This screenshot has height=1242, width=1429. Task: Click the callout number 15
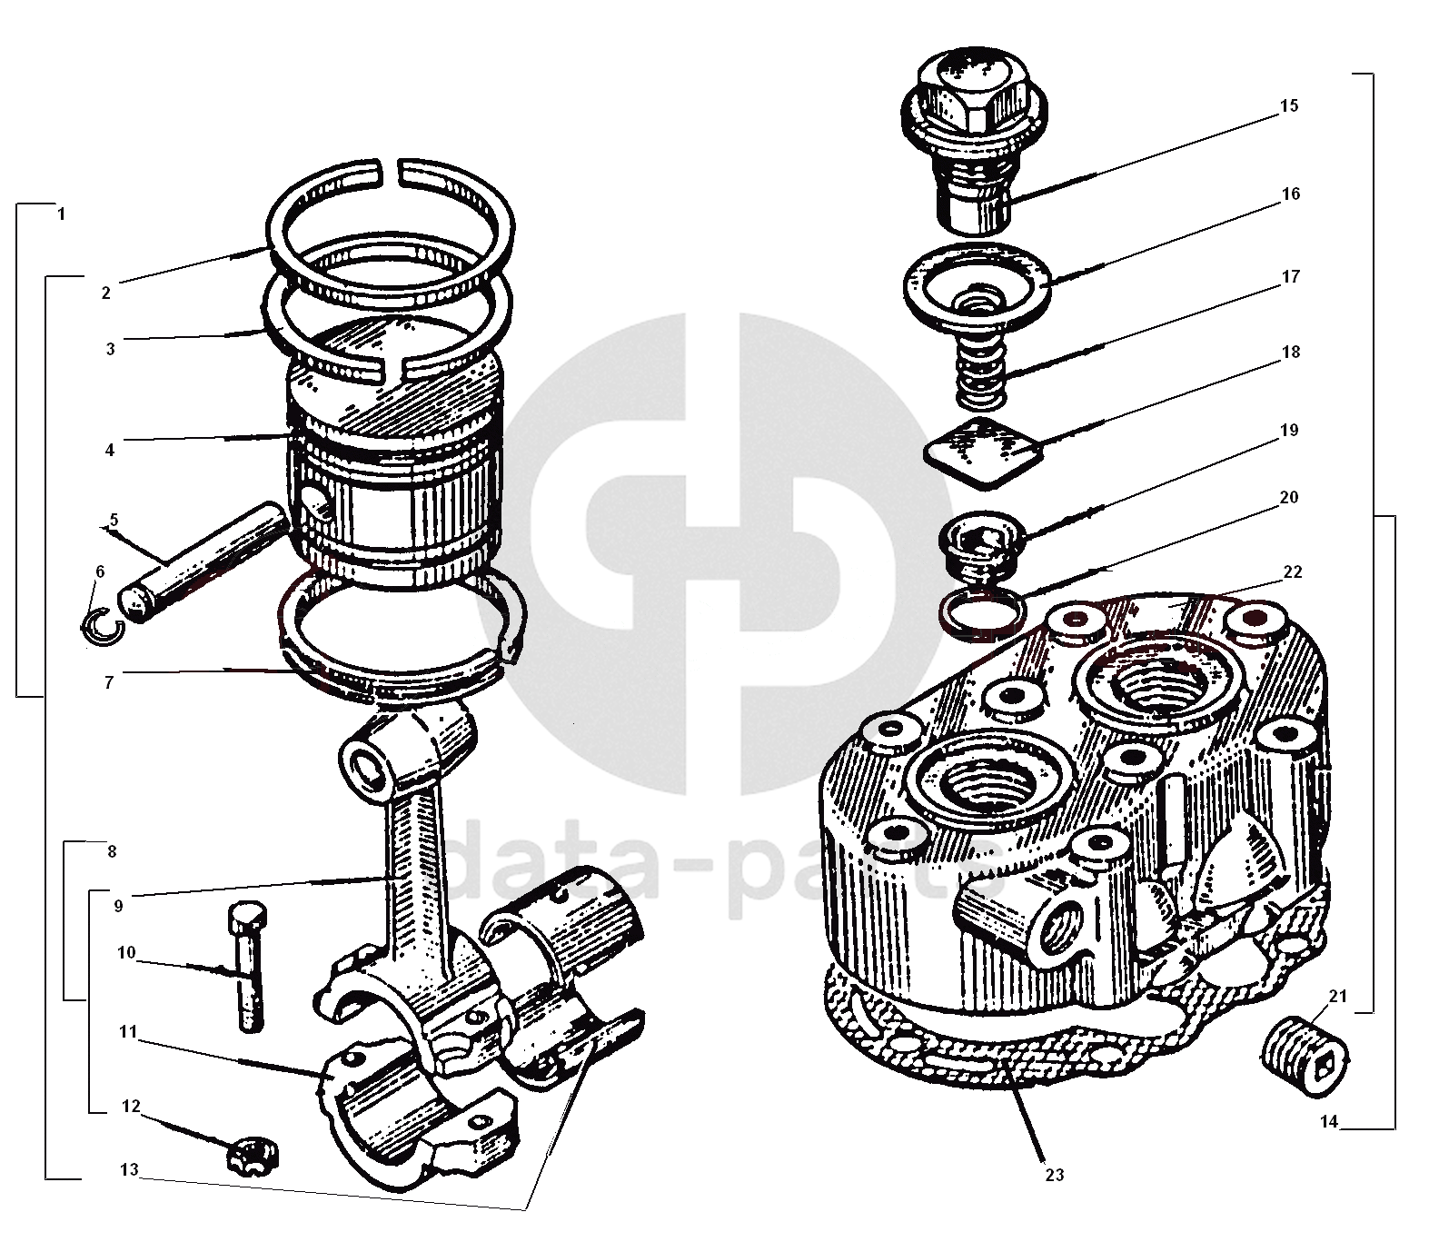(1289, 105)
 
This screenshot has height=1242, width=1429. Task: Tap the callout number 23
(1054, 1175)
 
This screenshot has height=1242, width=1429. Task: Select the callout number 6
(100, 571)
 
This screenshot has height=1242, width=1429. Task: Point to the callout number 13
(129, 1169)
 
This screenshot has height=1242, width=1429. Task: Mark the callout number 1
(60, 215)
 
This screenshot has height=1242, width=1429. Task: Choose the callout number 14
(1329, 1121)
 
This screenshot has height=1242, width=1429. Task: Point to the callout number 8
(111, 852)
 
